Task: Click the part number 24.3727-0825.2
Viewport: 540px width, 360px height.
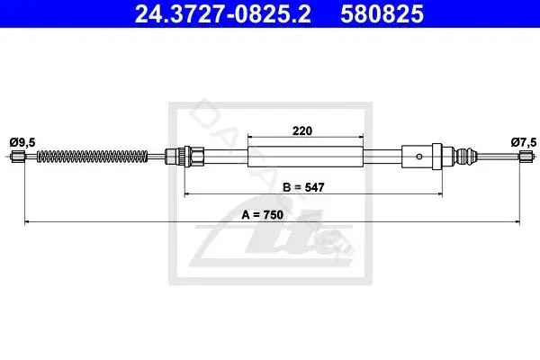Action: point(223,13)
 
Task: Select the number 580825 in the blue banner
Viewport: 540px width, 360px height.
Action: point(382,13)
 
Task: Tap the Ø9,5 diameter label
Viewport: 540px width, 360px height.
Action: point(22,142)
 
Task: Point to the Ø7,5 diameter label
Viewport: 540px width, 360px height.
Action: point(524,142)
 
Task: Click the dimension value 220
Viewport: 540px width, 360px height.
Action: point(302,130)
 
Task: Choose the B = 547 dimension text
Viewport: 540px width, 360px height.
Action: point(303,187)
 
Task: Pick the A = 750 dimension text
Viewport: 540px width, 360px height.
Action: point(263,215)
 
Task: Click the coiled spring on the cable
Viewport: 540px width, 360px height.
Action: point(93,157)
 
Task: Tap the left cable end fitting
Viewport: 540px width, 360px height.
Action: point(17,157)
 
